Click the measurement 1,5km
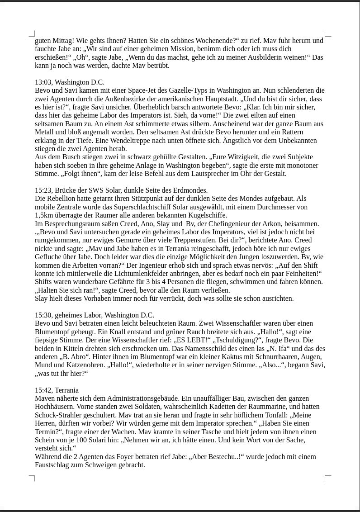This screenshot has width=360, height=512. (x=45, y=215)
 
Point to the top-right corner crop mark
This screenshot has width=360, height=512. (x=327, y=33)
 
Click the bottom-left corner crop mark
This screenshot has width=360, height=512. (x=32, y=478)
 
